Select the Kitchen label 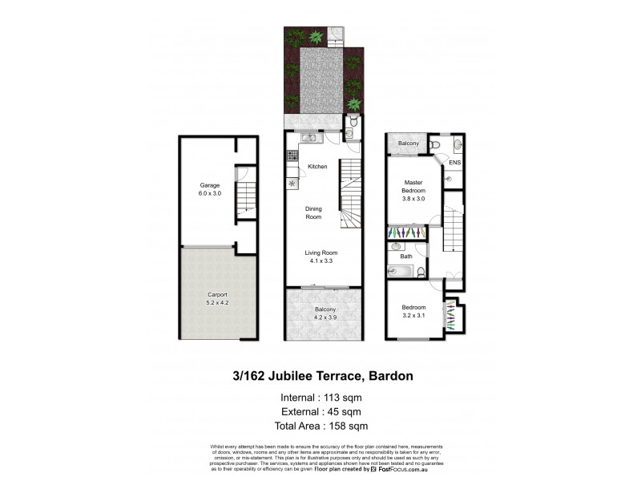(318, 166)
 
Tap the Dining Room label (313, 213)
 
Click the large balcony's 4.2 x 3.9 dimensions (325, 317)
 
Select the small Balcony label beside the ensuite (409, 143)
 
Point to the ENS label (454, 163)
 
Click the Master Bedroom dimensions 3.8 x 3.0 (414, 198)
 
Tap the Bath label (406, 257)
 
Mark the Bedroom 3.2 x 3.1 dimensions (413, 315)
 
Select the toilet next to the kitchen (350, 132)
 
